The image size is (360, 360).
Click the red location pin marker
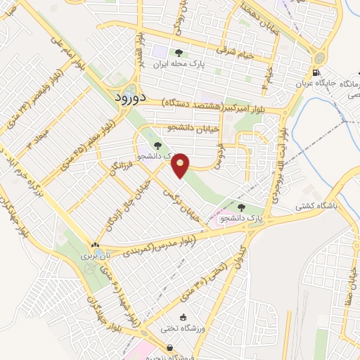(x=181, y=165)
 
